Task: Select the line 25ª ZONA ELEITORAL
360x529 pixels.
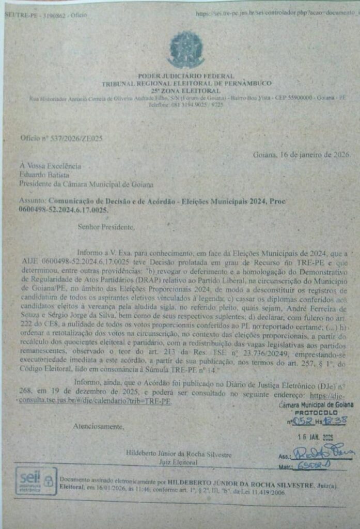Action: coord(186,90)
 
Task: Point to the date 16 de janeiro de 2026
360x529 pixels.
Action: coord(302,154)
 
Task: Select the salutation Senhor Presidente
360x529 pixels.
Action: coord(106,226)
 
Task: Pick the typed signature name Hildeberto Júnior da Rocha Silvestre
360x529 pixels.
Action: coord(179,454)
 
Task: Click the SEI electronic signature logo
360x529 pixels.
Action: coord(36,481)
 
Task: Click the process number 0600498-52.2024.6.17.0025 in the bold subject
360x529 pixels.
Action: coord(64,210)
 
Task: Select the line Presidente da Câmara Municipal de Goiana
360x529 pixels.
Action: coord(86,183)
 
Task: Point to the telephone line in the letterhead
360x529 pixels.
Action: coord(186,104)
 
